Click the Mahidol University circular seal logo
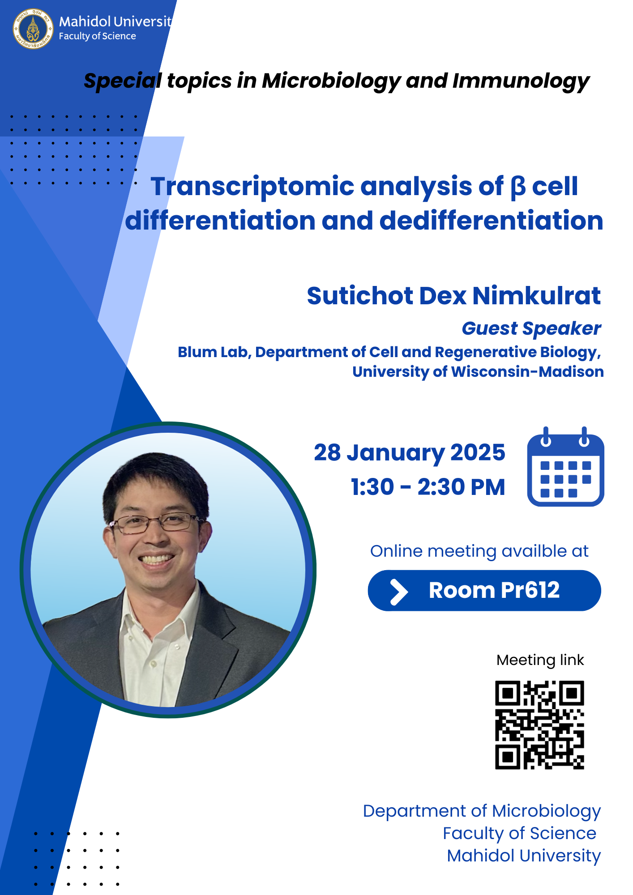coord(33,29)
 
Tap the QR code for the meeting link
coord(539,725)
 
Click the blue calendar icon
coord(565,467)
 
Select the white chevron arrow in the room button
coord(398,592)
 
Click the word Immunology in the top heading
coord(521,82)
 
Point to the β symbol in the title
coord(518,187)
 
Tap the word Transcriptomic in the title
coord(252,187)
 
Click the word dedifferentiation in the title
coord(491,221)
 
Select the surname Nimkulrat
coord(536,296)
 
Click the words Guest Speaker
coord(531,329)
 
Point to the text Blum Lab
coord(214,352)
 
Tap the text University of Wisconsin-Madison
coord(478,372)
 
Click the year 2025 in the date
coord(478,452)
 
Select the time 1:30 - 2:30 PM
coord(428,487)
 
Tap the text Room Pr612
coord(494,590)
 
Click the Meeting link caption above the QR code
coord(540,660)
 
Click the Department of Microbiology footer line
coord(482,811)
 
